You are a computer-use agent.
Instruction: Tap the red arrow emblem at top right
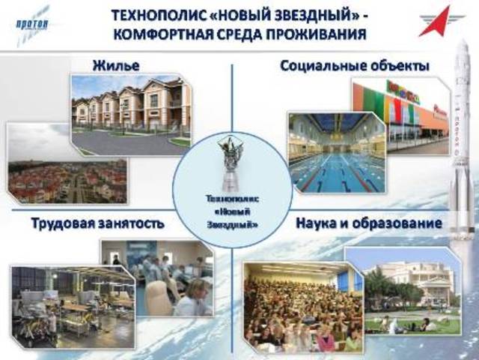[x=441, y=22]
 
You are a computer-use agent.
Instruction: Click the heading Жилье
[x=117, y=66]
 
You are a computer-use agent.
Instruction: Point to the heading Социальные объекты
[x=354, y=66]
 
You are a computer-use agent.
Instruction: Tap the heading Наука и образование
[x=368, y=223]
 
